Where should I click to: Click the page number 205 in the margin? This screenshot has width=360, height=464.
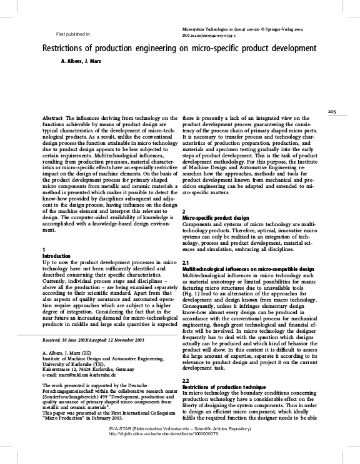332,112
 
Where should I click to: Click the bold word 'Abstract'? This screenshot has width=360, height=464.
51,118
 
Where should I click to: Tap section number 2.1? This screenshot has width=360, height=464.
185,262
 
